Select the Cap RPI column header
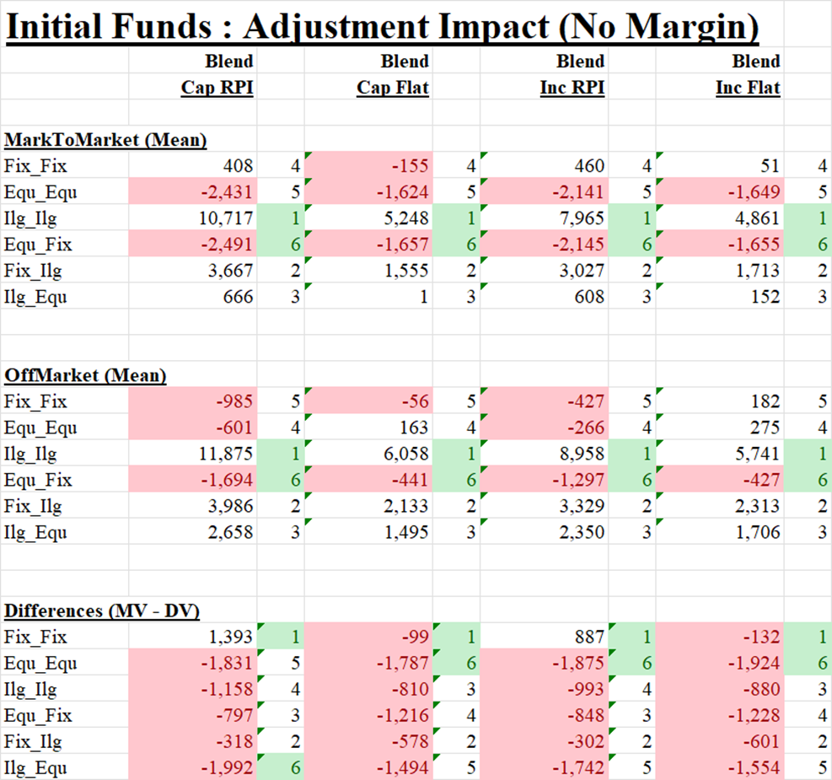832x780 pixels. [x=217, y=88]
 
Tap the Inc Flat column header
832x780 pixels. [x=748, y=88]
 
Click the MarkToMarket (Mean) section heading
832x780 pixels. [x=105, y=140]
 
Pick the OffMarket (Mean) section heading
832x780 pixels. [x=84, y=375]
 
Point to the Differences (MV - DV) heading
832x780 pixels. [x=102, y=611]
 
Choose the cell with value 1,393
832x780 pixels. [x=230, y=637]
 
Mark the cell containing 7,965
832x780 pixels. [x=582, y=218]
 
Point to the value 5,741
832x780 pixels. [x=757, y=454]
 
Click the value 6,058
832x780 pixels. [x=405, y=454]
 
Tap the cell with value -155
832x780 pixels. [x=410, y=166]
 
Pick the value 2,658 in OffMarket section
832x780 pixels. [x=230, y=532]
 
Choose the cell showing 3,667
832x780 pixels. [x=230, y=271]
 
